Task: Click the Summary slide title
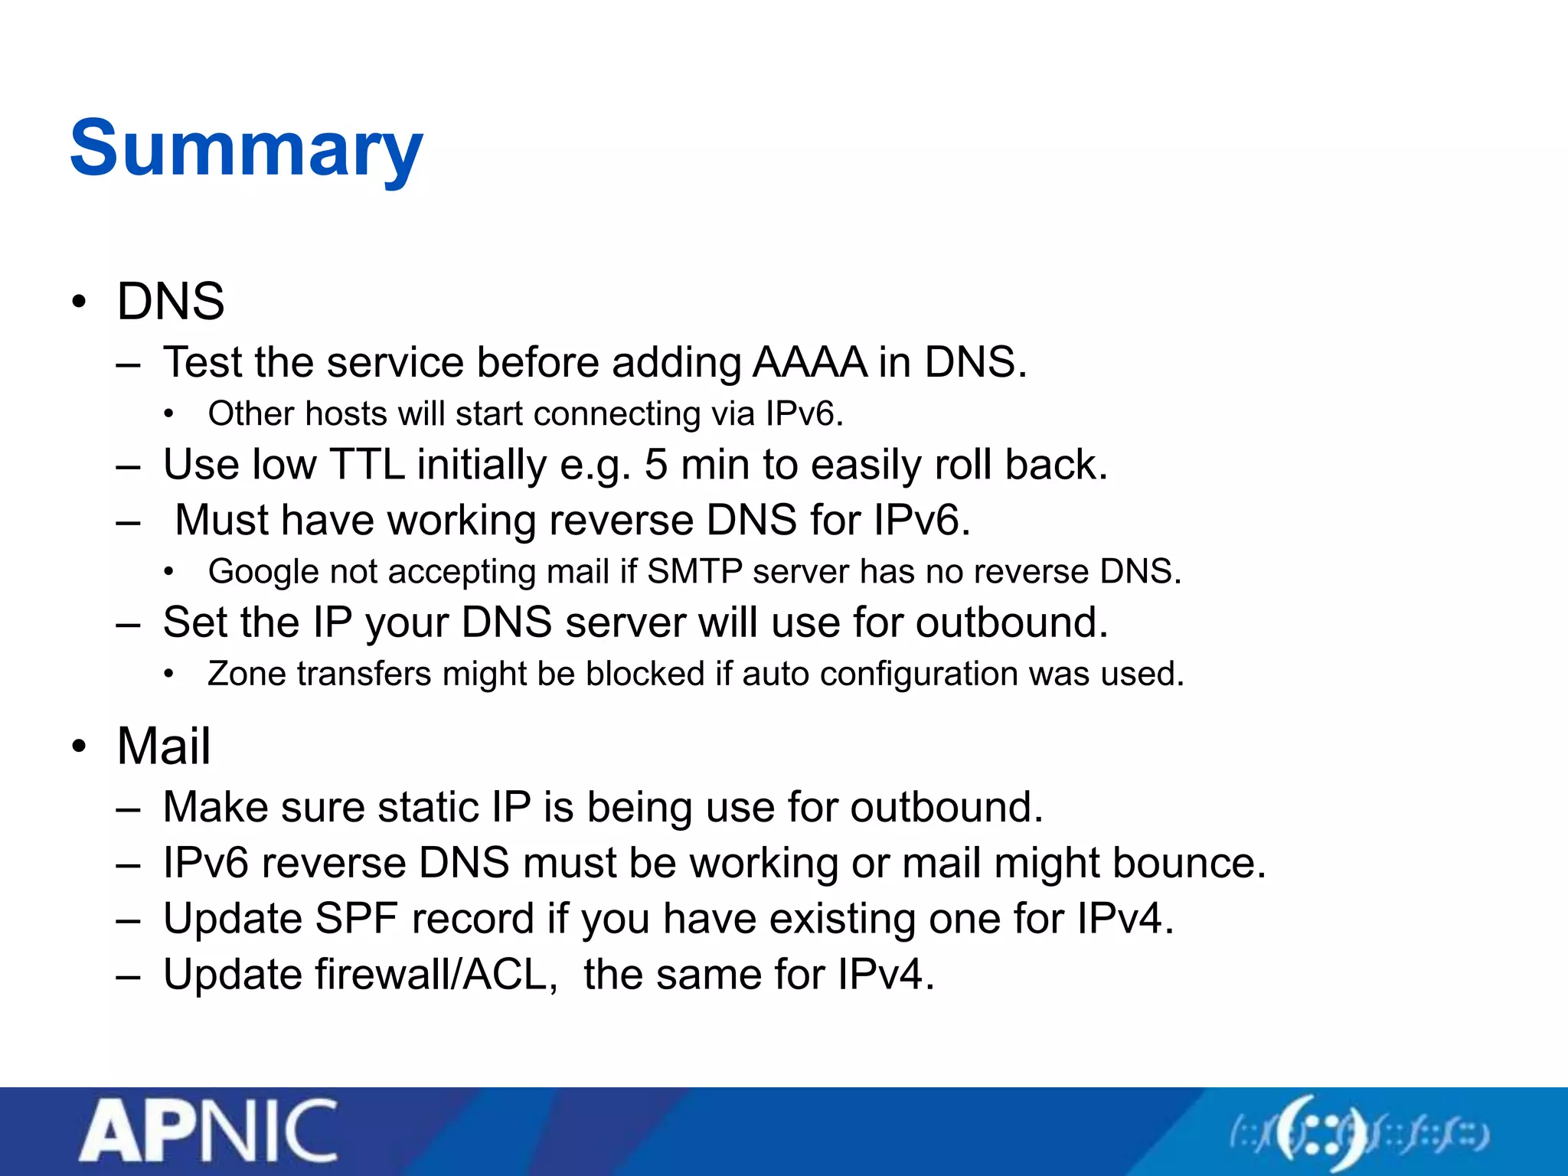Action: pyautogui.click(x=246, y=149)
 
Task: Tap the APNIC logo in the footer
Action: pyautogui.click(x=207, y=1131)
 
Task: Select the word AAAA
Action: pyautogui.click(x=809, y=362)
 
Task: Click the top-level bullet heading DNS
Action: pyautogui.click(x=171, y=301)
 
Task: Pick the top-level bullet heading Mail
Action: pyautogui.click(x=163, y=746)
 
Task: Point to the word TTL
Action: pyautogui.click(x=367, y=465)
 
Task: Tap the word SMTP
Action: pyautogui.click(x=694, y=572)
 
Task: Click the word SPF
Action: pyautogui.click(x=356, y=919)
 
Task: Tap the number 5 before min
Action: pyautogui.click(x=656, y=465)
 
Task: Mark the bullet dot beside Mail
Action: pyautogui.click(x=79, y=746)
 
